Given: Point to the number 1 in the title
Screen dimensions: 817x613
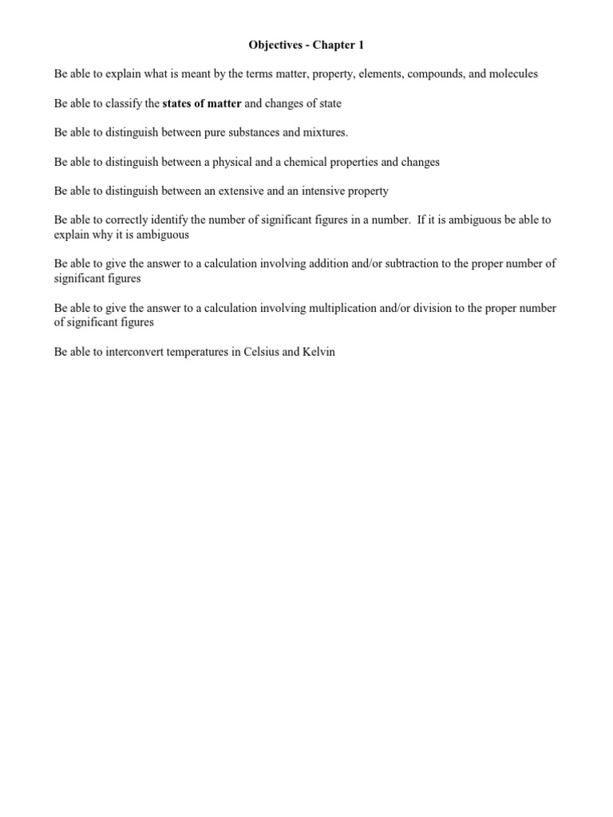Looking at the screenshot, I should (x=361, y=45).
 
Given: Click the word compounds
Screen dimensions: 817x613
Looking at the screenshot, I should (x=432, y=74).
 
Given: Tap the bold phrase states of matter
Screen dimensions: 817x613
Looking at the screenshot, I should (x=202, y=104).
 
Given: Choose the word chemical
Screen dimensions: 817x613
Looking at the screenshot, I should (x=302, y=162).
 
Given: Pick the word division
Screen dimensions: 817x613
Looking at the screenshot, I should (x=436, y=308).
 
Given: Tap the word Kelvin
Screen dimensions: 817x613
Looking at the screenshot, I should (x=318, y=352).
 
